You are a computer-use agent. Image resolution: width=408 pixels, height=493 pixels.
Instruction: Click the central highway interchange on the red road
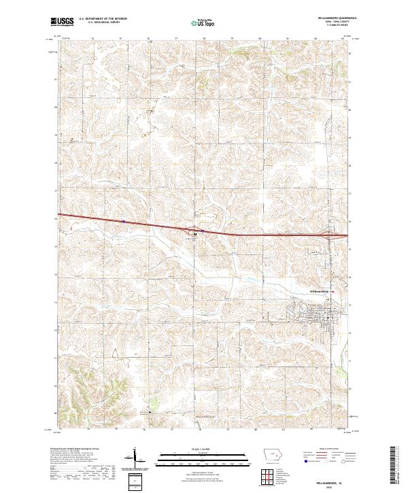click(195, 231)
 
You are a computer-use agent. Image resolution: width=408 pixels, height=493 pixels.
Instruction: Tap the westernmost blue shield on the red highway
click(123, 221)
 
